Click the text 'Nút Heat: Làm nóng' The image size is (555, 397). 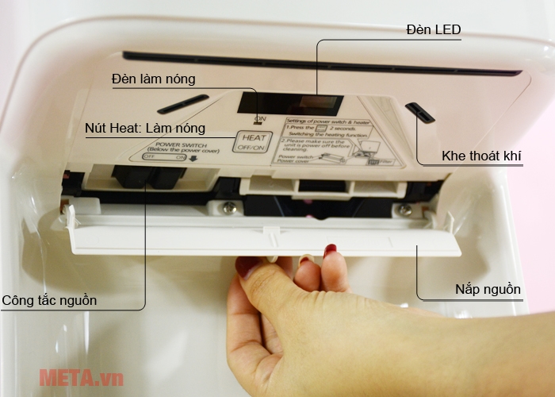145,128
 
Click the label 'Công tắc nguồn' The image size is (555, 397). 49,300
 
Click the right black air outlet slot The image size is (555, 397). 420,113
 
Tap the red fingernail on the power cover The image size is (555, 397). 330,249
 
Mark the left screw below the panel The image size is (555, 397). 229,207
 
